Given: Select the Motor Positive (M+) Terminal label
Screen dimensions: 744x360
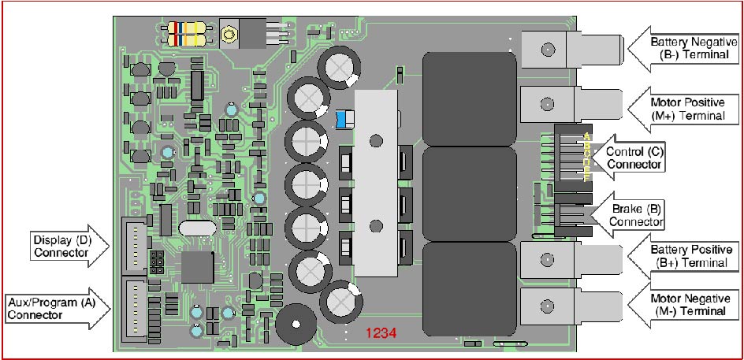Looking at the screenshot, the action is (x=688, y=109).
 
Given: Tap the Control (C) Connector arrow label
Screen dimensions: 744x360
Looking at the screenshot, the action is (x=634, y=158).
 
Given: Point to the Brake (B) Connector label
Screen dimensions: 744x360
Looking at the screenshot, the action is (x=636, y=214).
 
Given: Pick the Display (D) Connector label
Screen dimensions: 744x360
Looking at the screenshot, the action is (x=62, y=246).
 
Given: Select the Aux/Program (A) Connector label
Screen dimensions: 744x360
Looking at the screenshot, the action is (x=51, y=308).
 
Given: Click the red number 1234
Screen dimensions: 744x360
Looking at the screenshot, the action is (x=381, y=333).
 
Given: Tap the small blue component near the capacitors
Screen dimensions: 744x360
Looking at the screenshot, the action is (x=344, y=119).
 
